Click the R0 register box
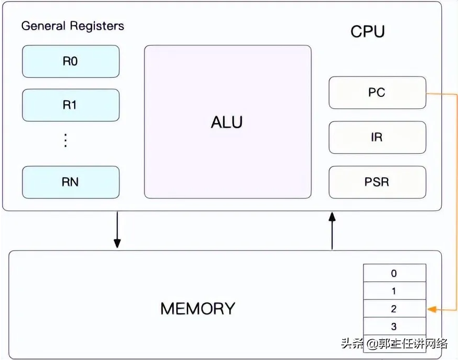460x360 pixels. pyautogui.click(x=70, y=61)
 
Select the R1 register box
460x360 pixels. pyautogui.click(x=70, y=105)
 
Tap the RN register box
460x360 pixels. pyautogui.click(x=70, y=182)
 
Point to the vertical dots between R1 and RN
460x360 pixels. pyautogui.click(x=66, y=140)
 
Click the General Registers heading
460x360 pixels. pyautogui.click(x=72, y=26)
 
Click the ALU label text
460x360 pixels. pyautogui.click(x=227, y=122)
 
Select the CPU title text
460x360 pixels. pyautogui.click(x=368, y=31)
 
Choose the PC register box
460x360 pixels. pyautogui.click(x=377, y=93)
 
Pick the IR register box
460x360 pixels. pyautogui.click(x=377, y=138)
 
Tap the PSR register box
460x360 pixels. pyautogui.click(x=377, y=182)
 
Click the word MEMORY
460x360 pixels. pyautogui.click(x=198, y=308)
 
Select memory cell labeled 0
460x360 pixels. pyautogui.click(x=394, y=274)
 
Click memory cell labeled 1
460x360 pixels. pyautogui.click(x=394, y=291)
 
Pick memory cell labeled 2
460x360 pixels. pyautogui.click(x=394, y=309)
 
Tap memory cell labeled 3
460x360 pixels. pyautogui.click(x=394, y=327)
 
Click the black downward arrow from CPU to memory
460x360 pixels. pyautogui.click(x=117, y=230)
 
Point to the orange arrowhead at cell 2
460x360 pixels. pyautogui.click(x=432, y=310)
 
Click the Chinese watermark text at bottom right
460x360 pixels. pyautogui.click(x=395, y=344)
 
